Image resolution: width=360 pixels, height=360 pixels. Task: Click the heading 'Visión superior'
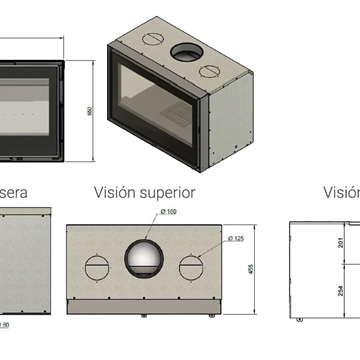pos(144,192)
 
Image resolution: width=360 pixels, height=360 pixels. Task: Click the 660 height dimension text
pos(89,112)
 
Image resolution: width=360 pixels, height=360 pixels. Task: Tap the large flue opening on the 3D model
pos(183,52)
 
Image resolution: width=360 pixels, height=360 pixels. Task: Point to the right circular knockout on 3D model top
pos(210,70)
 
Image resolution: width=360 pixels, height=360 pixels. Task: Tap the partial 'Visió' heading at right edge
pos(340,192)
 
